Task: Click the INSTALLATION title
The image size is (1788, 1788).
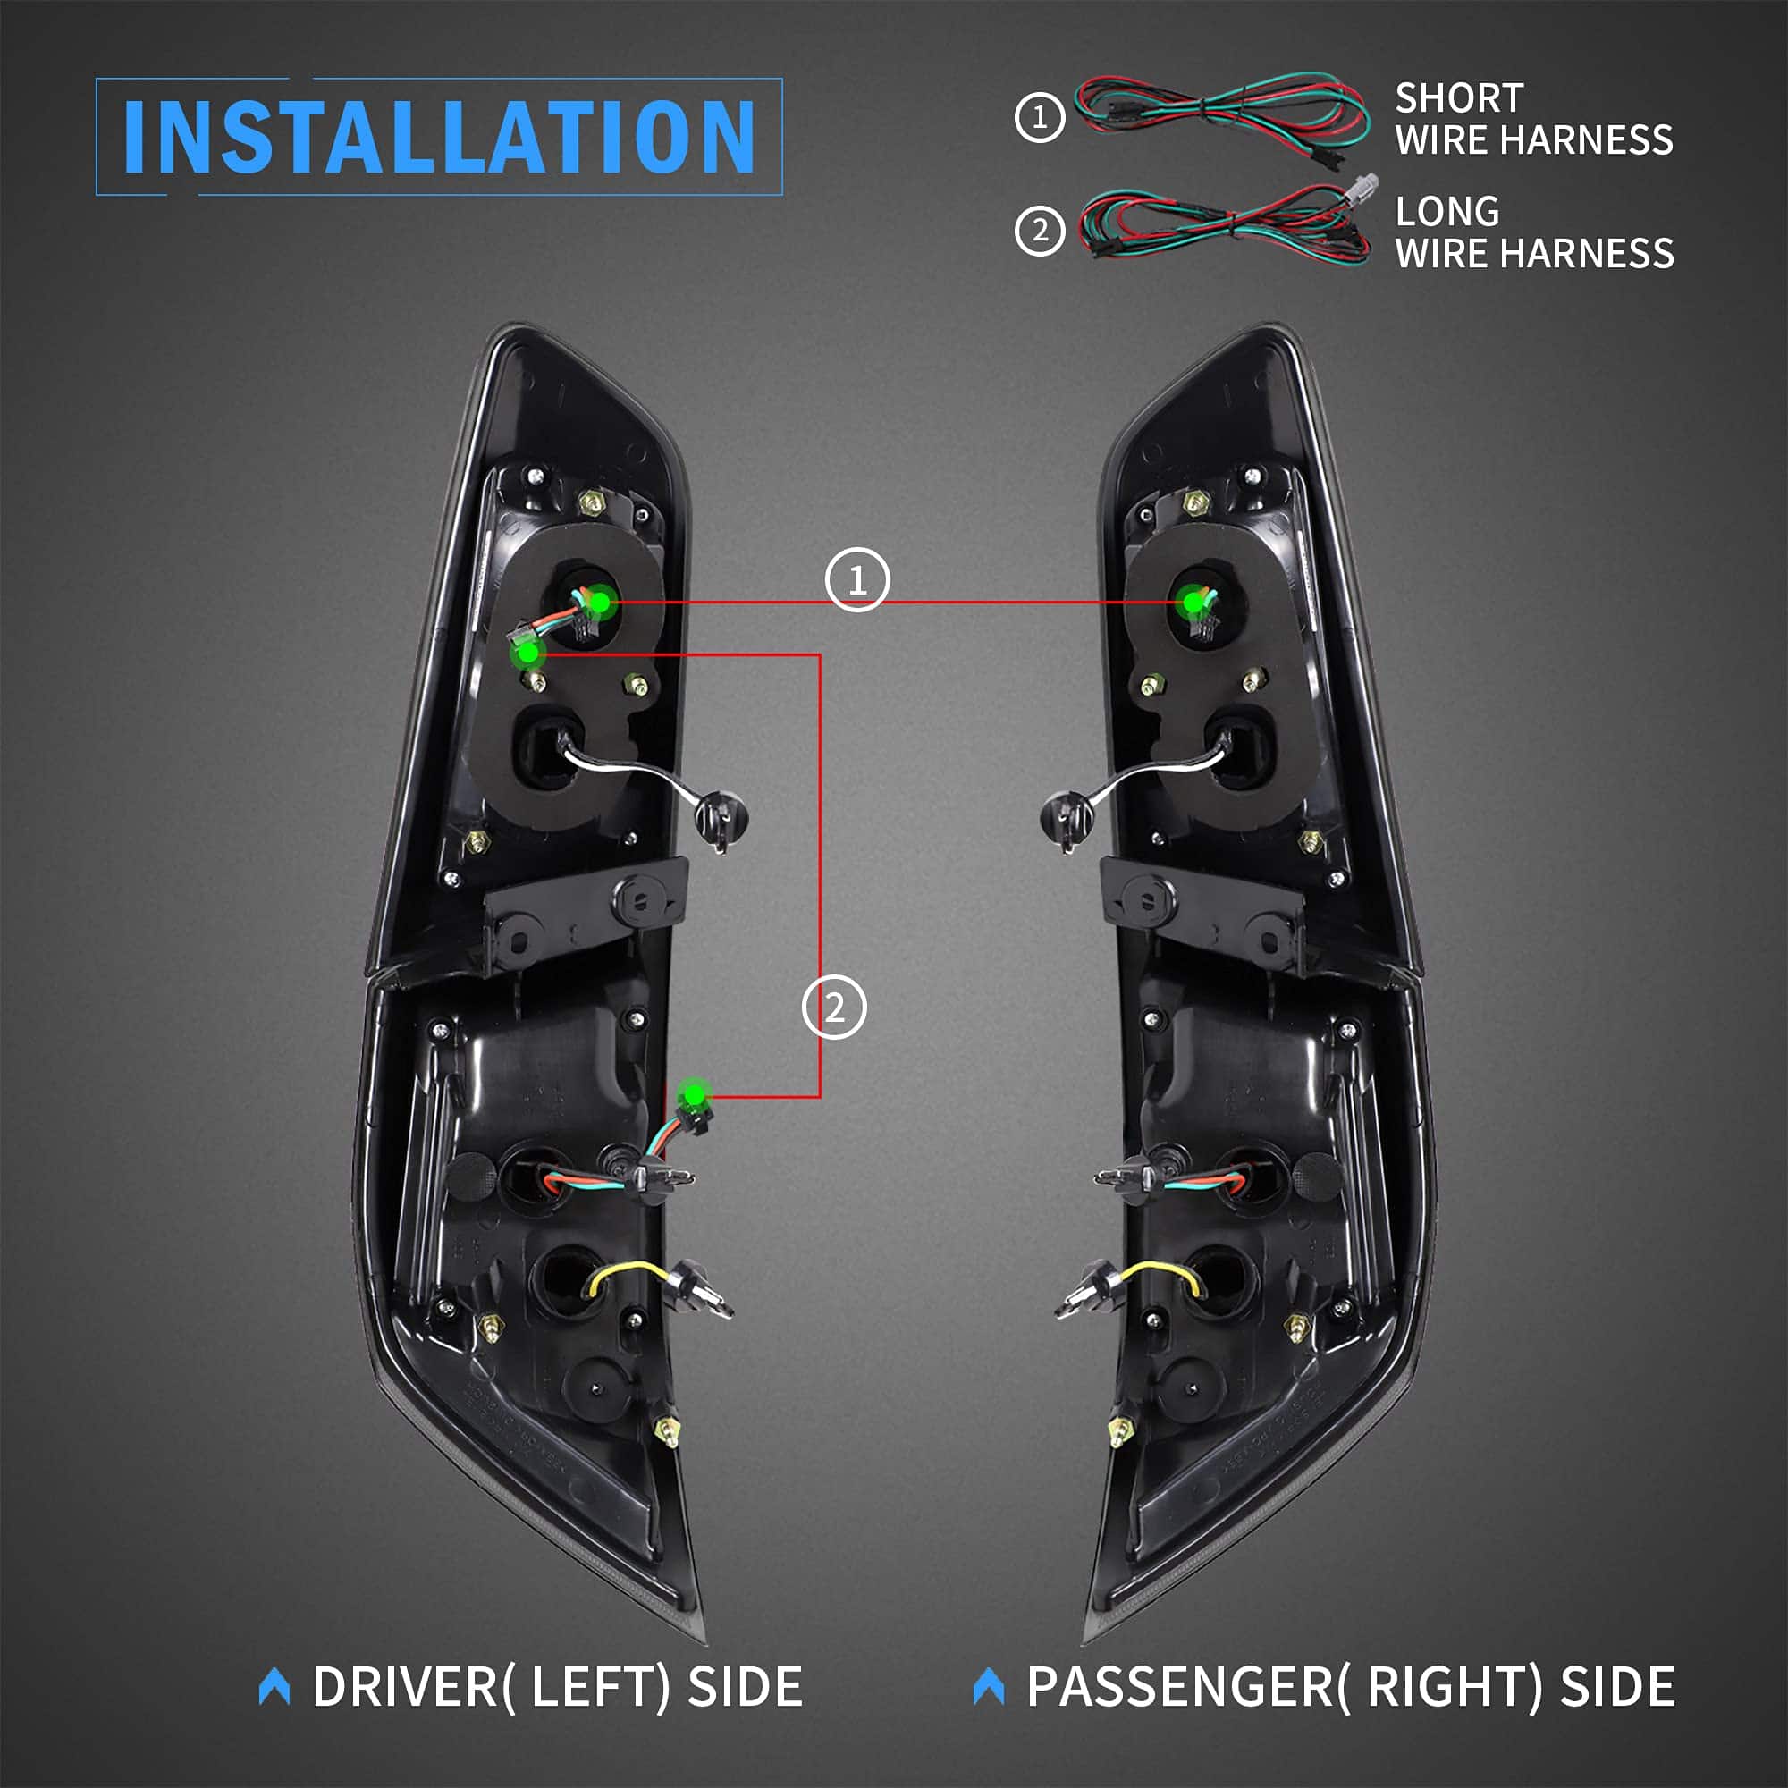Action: tap(440, 136)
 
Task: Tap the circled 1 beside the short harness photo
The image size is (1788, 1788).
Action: tap(1040, 117)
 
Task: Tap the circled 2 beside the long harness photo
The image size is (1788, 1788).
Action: tap(1040, 231)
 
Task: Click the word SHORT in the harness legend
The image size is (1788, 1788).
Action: tap(1458, 98)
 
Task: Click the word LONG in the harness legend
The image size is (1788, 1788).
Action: tap(1447, 212)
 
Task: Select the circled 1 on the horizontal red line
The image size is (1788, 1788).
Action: tap(857, 580)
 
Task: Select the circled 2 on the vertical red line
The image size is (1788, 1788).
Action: tap(834, 1007)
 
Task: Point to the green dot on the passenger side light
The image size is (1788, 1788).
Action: tap(1193, 603)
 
